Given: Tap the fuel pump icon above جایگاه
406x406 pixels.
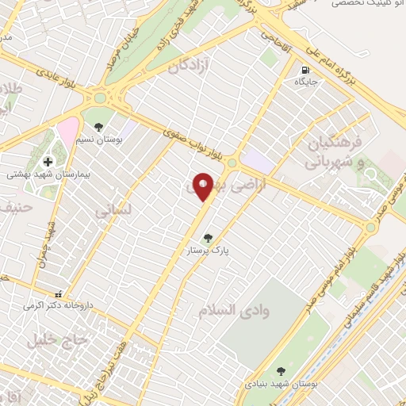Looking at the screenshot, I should click(306, 69).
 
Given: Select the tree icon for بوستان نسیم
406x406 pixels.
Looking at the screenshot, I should click(98, 126).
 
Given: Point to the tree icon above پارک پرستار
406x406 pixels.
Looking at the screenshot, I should click(208, 237).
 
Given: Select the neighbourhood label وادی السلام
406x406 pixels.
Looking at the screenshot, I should click(236, 310).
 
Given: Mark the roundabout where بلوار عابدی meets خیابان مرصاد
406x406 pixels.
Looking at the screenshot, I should click(101, 98).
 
